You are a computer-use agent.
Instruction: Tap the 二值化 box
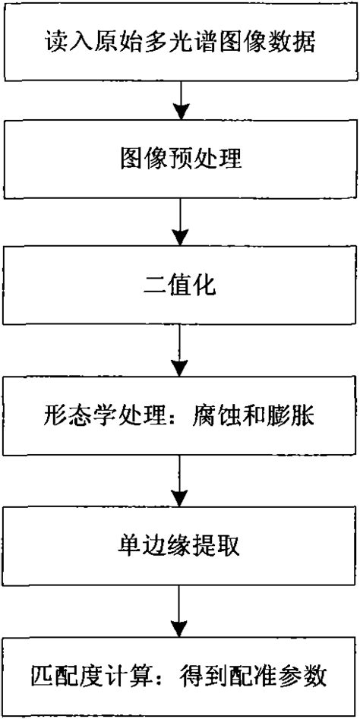[180, 287]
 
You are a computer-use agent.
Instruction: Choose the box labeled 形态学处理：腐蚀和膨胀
[180, 416]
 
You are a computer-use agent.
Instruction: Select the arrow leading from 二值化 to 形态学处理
[180, 350]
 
